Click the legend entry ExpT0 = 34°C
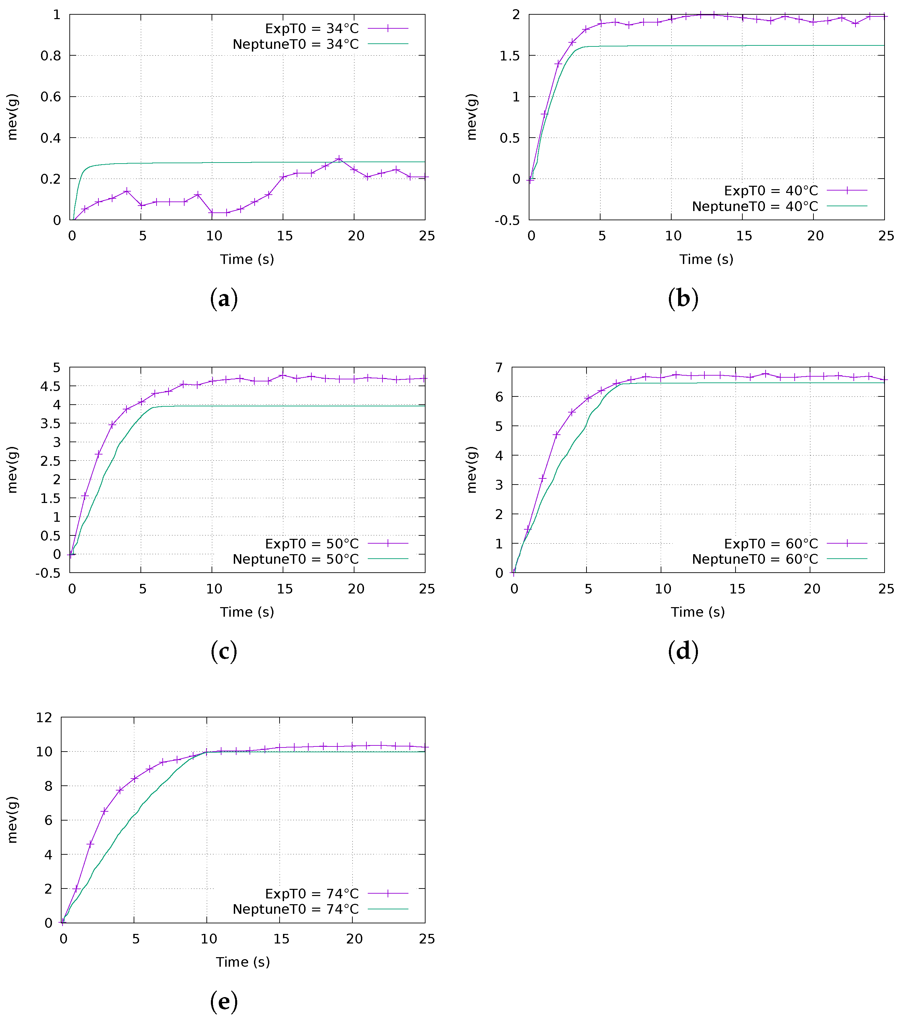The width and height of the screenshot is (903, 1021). (311, 28)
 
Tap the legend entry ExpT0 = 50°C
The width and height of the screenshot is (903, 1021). (311, 544)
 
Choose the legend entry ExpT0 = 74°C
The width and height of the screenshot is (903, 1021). (311, 894)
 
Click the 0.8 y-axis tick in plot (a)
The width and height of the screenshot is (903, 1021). (51, 55)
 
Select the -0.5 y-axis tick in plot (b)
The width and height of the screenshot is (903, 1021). (507, 220)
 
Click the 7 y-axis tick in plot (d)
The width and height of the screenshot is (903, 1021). (499, 368)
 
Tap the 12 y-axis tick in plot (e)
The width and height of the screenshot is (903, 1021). (44, 718)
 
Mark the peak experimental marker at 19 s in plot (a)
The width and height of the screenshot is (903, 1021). (339, 159)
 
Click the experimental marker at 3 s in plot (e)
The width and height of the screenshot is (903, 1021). (105, 811)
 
